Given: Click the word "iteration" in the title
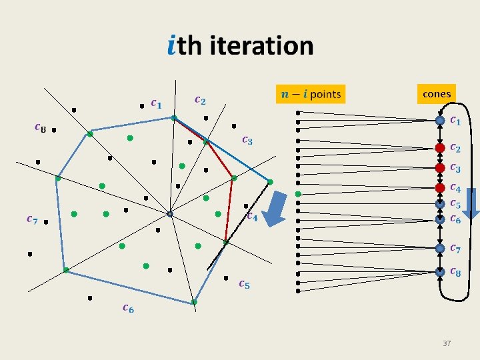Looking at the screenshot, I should click(261, 45).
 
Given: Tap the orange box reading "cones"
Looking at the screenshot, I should click(437, 94).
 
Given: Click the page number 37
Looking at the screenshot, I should click(447, 343).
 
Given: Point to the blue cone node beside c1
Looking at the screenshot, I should click(440, 121).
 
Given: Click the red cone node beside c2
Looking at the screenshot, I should click(440, 147).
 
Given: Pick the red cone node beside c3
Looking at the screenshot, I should click(440, 167).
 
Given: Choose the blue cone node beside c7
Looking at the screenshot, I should click(440, 248).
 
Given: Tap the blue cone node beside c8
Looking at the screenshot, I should click(440, 271).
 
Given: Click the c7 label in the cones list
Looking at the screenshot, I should click(456, 249).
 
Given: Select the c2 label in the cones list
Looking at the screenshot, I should click(456, 147).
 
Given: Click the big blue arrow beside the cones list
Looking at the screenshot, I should click(471, 203).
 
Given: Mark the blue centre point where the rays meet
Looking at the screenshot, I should click(170, 214).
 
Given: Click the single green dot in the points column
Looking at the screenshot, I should click(298, 193).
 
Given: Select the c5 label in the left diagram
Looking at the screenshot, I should click(244, 285).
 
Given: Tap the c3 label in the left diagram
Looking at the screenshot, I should click(247, 140).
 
